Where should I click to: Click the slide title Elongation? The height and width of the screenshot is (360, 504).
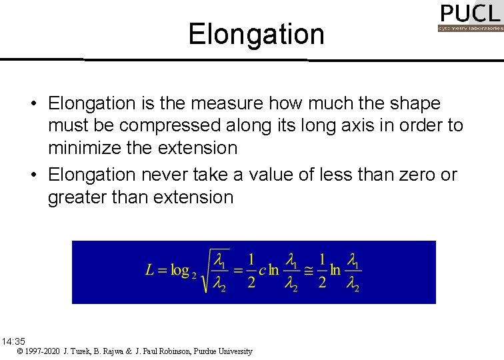256,34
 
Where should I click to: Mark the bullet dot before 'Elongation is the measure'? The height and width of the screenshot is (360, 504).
32,104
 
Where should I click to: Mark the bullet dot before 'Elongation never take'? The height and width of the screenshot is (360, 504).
32,175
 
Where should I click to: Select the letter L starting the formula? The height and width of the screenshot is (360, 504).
150,270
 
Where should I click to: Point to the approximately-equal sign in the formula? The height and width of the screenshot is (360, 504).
308,270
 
